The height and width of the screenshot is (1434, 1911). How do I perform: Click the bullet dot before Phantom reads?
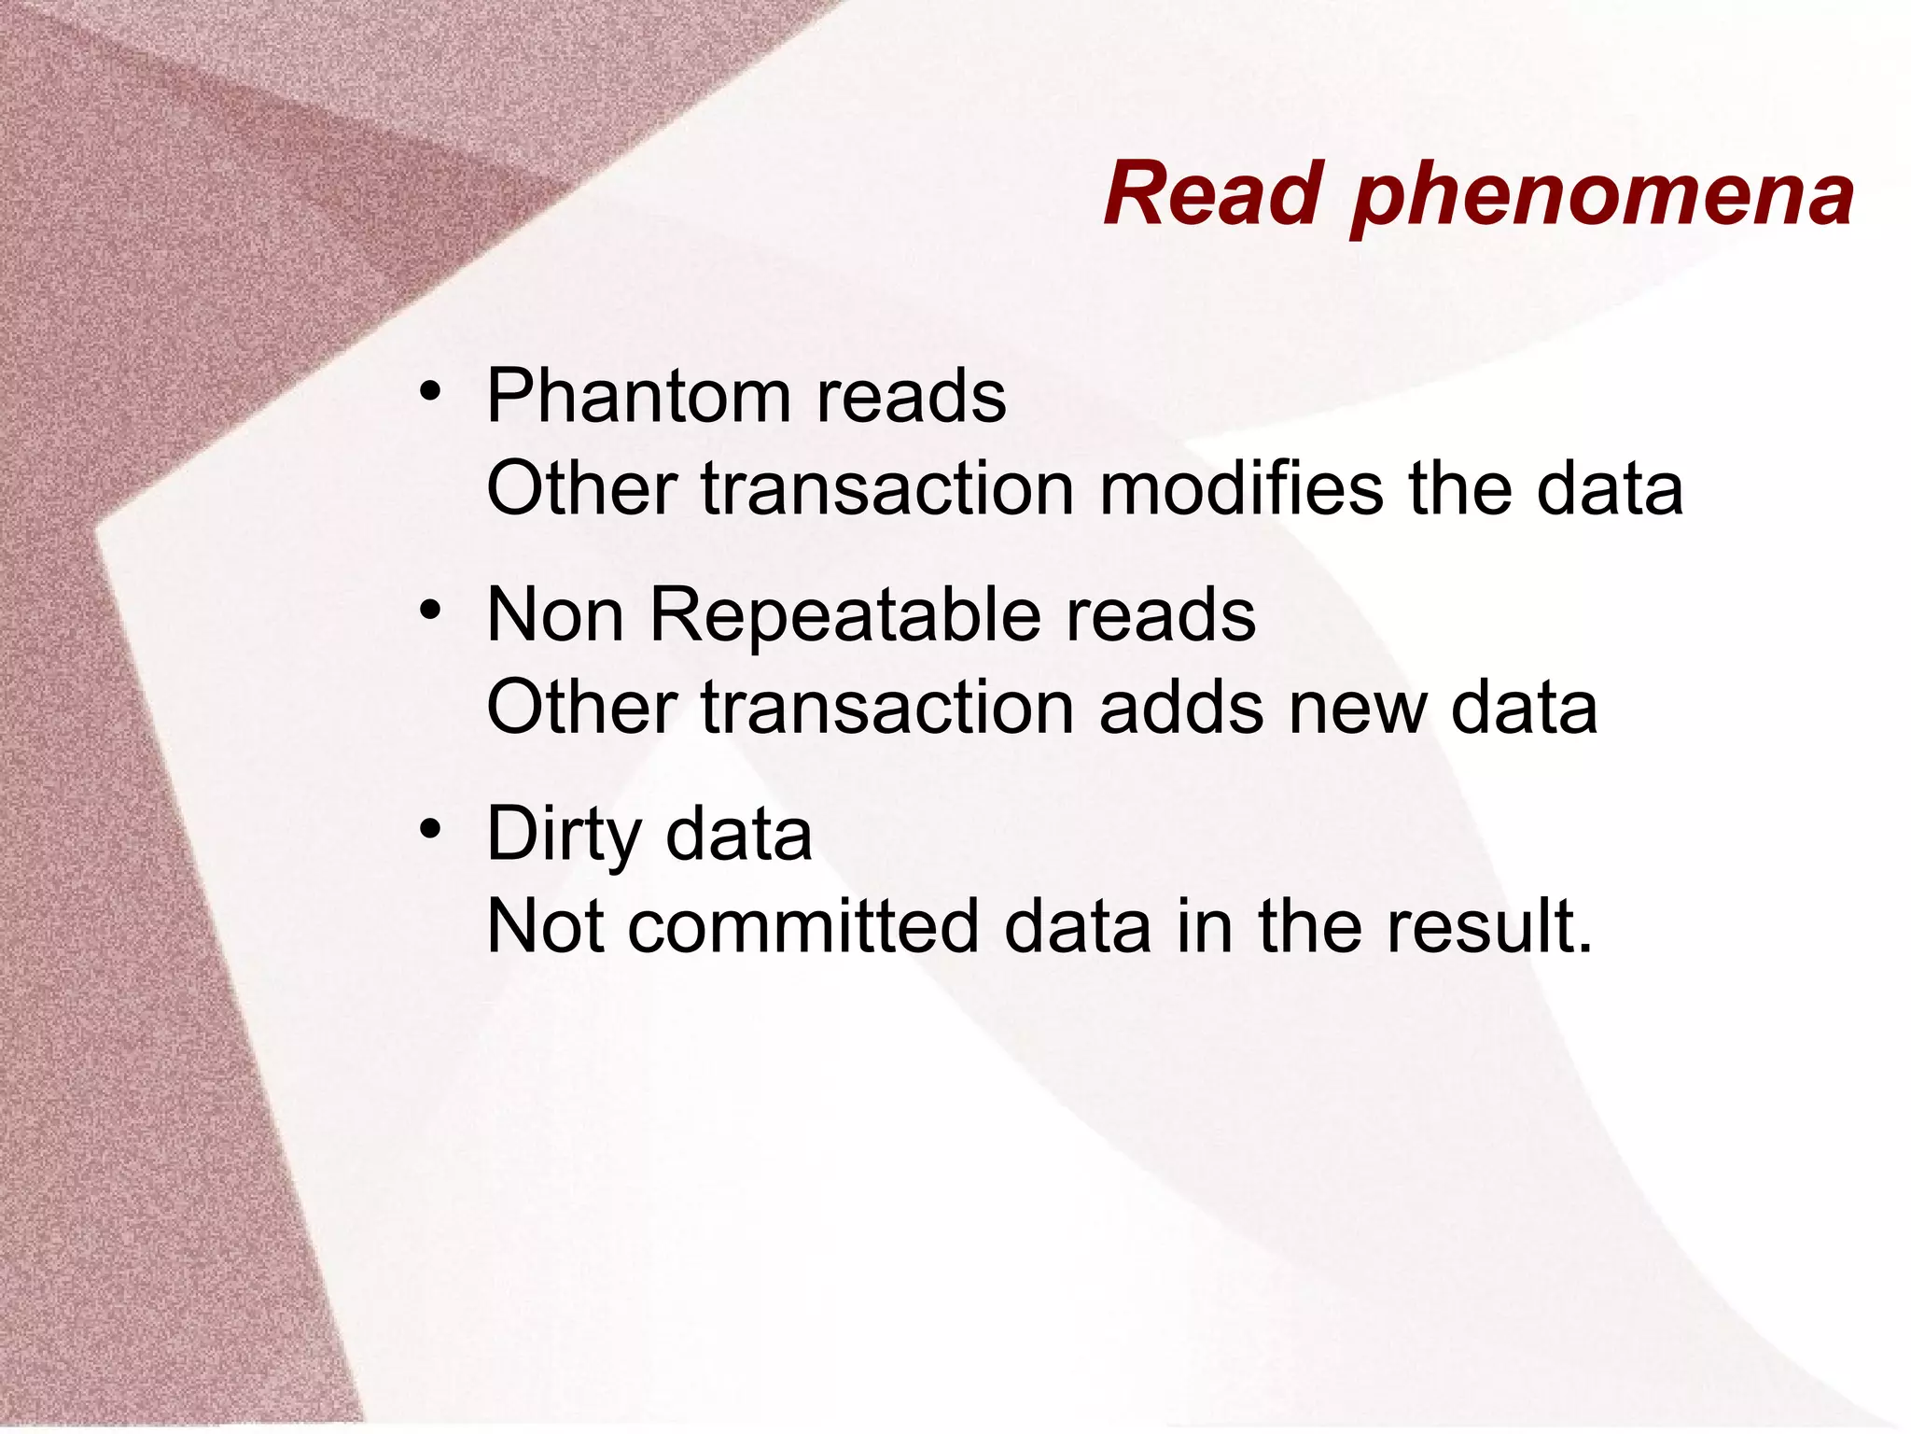pos(429,390)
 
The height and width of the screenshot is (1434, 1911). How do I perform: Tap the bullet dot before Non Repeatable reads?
pos(429,610)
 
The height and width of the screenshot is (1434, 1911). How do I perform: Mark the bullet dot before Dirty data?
pos(429,828)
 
